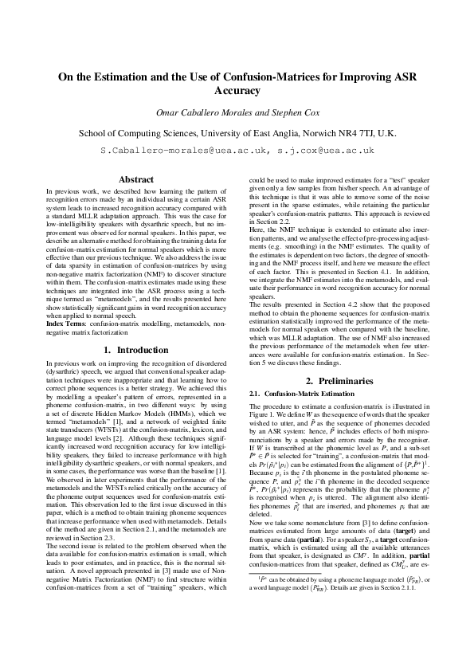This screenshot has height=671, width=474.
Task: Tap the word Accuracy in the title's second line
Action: pos(237,92)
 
